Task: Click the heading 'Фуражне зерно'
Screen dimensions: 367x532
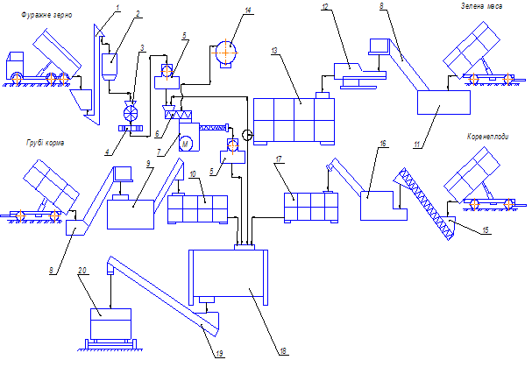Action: pyautogui.click(x=36, y=16)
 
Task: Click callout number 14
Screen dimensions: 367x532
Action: pyautogui.click(x=248, y=11)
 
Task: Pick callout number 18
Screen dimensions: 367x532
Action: pyautogui.click(x=283, y=351)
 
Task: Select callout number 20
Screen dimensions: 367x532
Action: pyautogui.click(x=106, y=271)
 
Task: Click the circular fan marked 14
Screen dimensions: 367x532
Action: pyautogui.click(x=226, y=52)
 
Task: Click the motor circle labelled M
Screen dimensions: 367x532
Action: pyautogui.click(x=185, y=141)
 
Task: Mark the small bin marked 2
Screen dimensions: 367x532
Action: pyautogui.click(x=111, y=64)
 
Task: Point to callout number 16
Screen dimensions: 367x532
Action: pyautogui.click(x=382, y=141)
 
